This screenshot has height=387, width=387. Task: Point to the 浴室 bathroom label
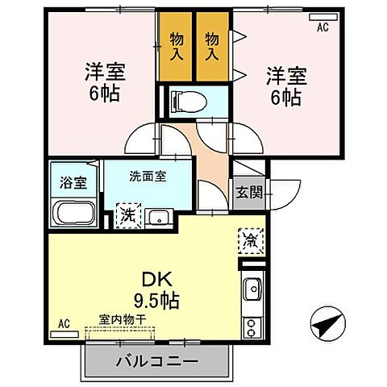74,182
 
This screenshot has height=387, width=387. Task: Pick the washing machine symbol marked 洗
127,215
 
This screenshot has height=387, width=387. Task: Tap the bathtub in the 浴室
74,214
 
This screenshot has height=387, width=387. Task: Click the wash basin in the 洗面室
159,216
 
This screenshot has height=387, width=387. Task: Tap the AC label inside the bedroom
323,27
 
